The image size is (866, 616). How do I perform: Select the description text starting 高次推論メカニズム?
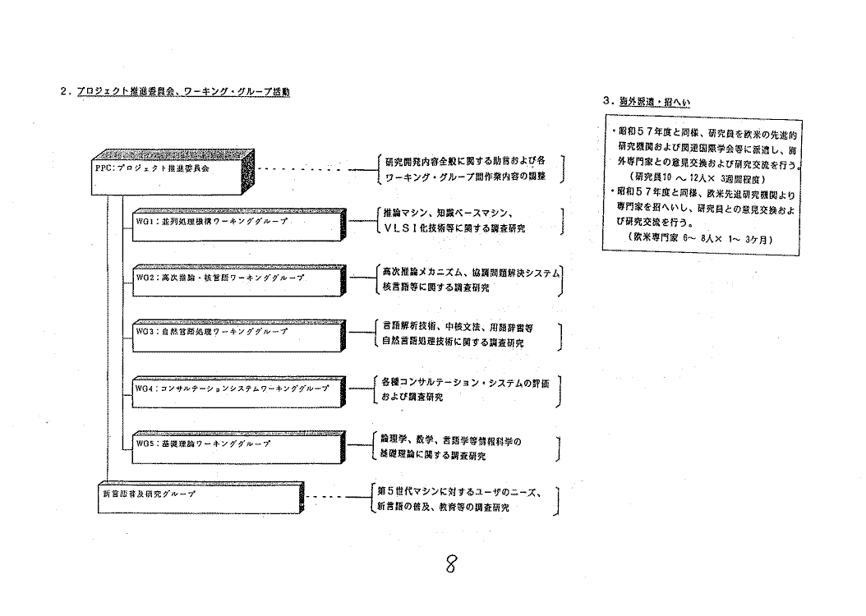(x=468, y=279)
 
